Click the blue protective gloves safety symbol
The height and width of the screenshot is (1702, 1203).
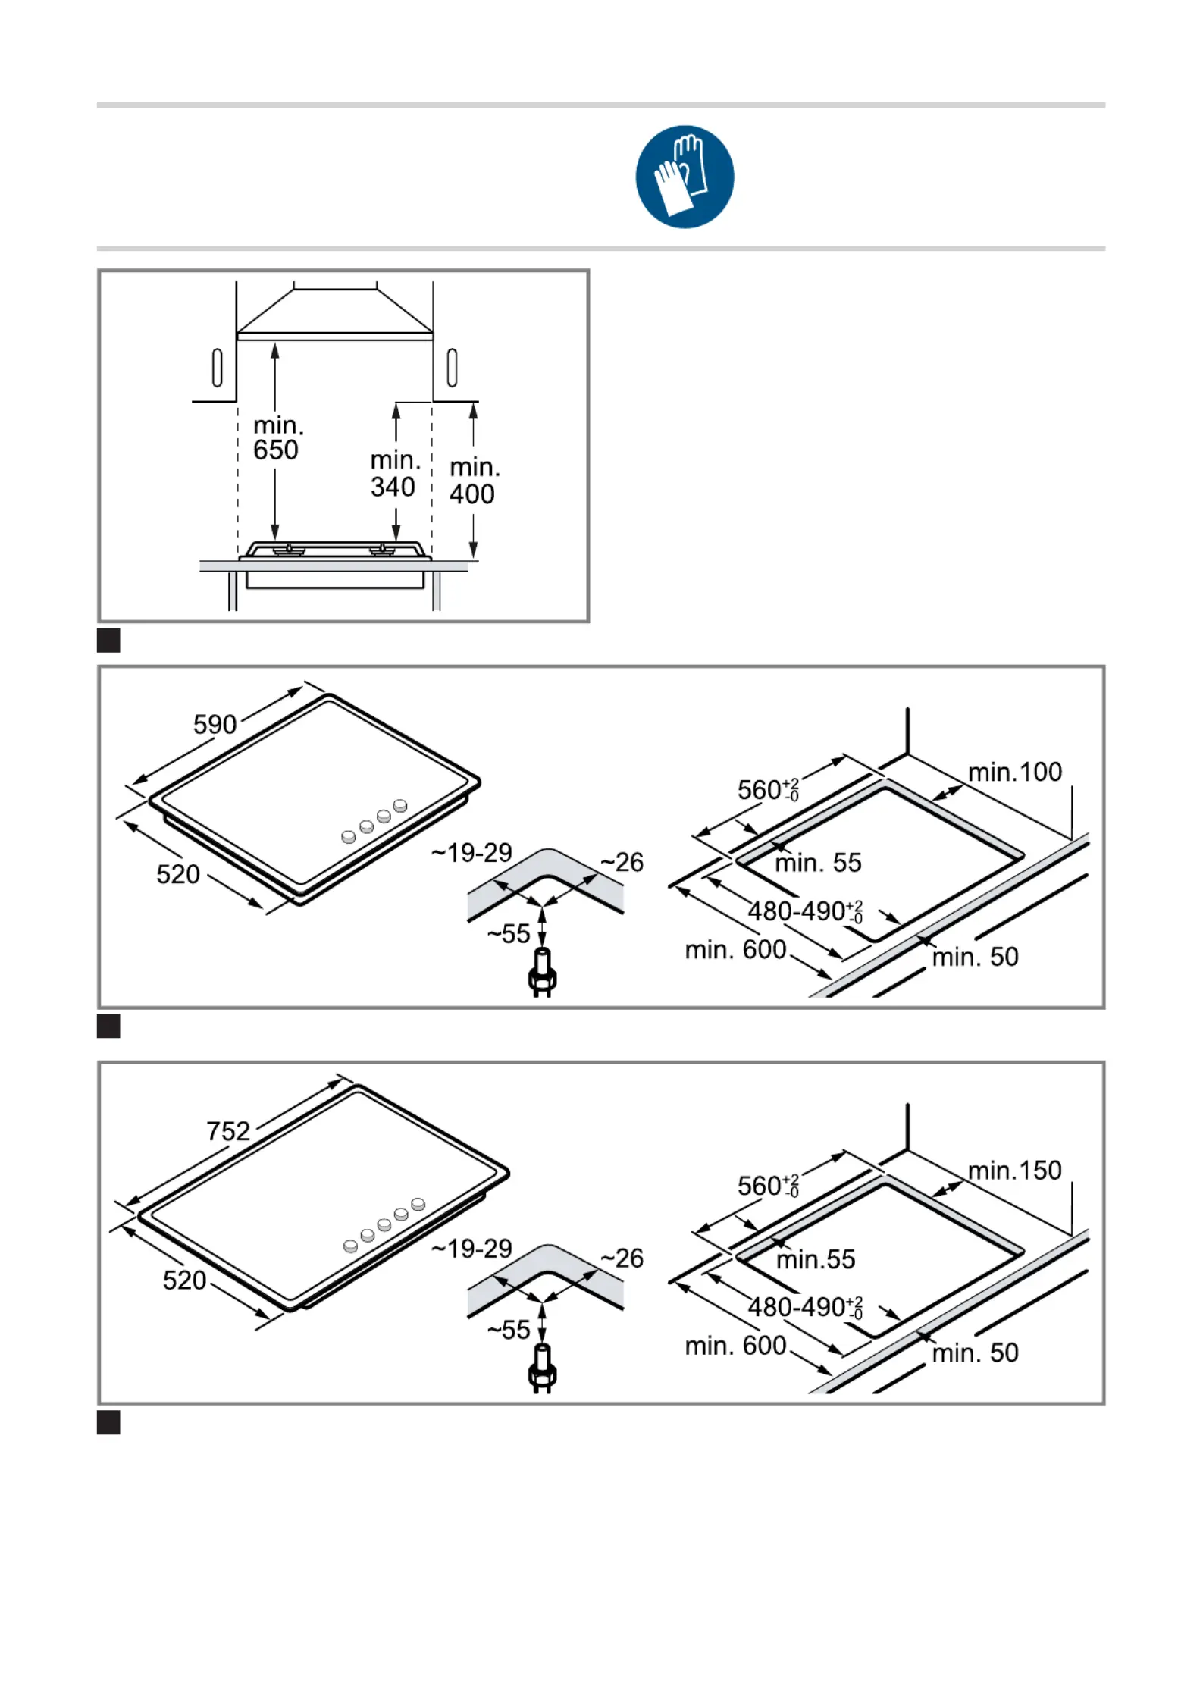coord(685,177)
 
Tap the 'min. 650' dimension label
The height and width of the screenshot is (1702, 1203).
coord(277,437)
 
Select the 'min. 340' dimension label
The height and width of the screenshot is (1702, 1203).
coord(394,473)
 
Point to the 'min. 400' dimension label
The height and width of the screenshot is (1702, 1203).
coord(474,481)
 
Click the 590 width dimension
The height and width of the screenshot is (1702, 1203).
coord(215,724)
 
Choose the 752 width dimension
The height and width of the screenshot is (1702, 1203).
coord(228,1131)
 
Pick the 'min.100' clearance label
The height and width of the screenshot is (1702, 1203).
coord(1015,772)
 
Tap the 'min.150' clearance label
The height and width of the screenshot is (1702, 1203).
coord(1015,1171)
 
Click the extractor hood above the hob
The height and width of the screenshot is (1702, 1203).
coord(334,313)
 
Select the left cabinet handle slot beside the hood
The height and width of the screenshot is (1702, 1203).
coord(218,368)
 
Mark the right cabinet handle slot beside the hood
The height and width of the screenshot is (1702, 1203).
coord(453,368)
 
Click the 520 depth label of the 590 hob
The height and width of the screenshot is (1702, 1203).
coord(178,874)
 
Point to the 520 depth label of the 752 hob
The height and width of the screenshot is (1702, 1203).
coord(184,1280)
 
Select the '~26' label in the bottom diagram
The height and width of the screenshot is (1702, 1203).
coord(622,1258)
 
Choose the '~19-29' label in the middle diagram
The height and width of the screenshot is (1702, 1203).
coord(472,853)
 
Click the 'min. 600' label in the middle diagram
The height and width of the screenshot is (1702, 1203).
coord(735,949)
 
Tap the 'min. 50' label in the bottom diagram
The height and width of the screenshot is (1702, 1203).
coord(975,1353)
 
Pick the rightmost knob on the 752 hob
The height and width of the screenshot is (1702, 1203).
coord(418,1204)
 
